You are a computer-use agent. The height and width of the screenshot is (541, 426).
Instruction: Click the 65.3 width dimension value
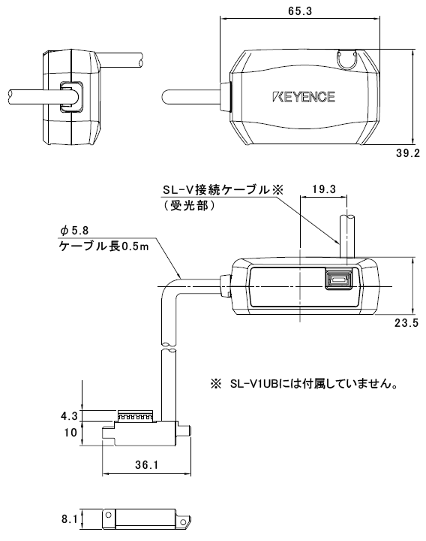[x=316, y=11]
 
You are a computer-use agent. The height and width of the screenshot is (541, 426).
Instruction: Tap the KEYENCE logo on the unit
[x=304, y=97]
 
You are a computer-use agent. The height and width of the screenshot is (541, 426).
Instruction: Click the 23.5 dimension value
[x=406, y=322]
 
